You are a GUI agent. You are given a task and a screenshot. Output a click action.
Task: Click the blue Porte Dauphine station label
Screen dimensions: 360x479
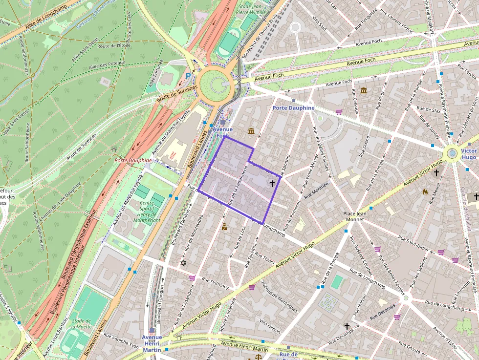coord(293,107)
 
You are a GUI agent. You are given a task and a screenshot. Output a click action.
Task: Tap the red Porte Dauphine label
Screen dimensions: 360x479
coord(133,160)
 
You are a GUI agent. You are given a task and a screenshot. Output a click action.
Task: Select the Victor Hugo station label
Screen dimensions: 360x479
coord(468,154)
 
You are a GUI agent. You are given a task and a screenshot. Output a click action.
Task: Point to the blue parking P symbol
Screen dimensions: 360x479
coord(189,76)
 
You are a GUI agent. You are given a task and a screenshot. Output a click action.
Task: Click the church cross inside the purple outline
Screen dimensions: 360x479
coord(272,183)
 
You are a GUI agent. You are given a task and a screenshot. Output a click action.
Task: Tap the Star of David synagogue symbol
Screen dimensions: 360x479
coord(184,263)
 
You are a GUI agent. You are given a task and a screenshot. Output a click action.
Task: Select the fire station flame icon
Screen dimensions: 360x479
coord(425,192)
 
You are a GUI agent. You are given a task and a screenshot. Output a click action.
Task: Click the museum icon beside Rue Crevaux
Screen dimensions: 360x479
coord(364,90)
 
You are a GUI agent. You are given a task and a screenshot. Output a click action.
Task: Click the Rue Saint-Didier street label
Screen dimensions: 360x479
coord(415,243)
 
